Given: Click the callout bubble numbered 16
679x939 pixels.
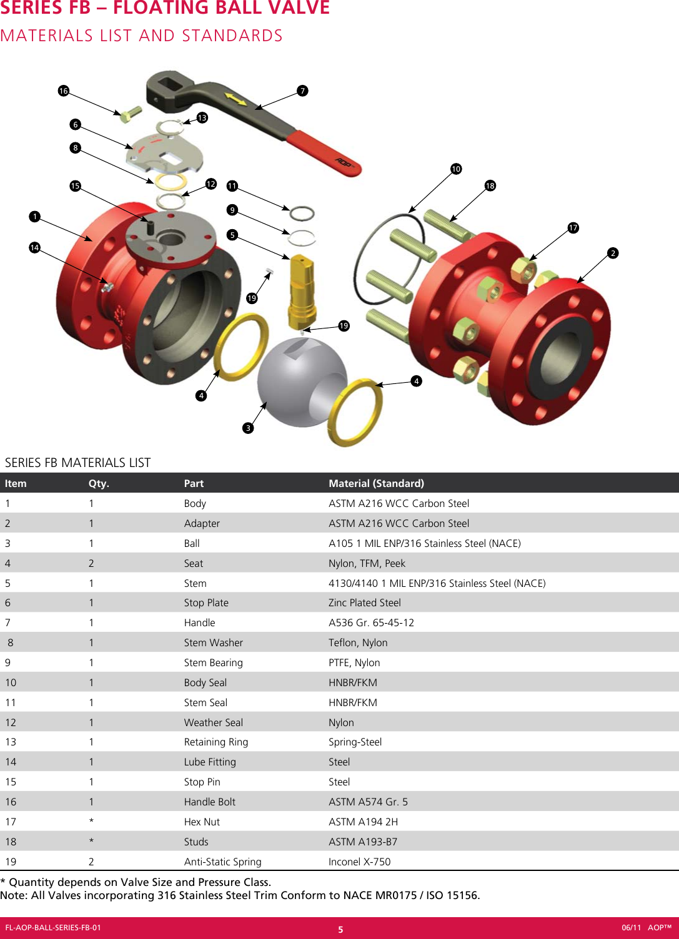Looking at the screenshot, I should tap(63, 91).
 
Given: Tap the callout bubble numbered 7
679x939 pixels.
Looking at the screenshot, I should tap(302, 91).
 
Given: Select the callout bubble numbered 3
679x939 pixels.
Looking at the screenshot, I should tap(249, 428).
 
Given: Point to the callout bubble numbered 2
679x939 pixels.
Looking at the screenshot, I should tap(613, 253).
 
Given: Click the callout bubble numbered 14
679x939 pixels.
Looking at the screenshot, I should tap(34, 248).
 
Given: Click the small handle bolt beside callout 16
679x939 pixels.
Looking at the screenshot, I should tap(131, 114).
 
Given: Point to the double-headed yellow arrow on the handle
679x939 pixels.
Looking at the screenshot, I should tap(235, 99).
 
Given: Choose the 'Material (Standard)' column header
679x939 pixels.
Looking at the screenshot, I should tap(376, 483).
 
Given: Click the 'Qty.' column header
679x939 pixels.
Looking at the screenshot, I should tap(99, 483).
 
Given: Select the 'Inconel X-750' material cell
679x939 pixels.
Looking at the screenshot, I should tap(359, 862).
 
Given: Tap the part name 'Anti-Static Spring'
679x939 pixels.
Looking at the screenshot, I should tap(222, 862).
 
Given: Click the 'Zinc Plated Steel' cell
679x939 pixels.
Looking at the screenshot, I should tap(364, 602).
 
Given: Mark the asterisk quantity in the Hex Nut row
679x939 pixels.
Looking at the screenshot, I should tap(91, 822).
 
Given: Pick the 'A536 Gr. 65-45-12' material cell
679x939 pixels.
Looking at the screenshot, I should tap(371, 622).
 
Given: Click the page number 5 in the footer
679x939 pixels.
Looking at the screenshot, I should tap(340, 929).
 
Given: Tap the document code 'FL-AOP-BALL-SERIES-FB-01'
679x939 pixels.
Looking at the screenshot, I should tap(53, 928).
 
